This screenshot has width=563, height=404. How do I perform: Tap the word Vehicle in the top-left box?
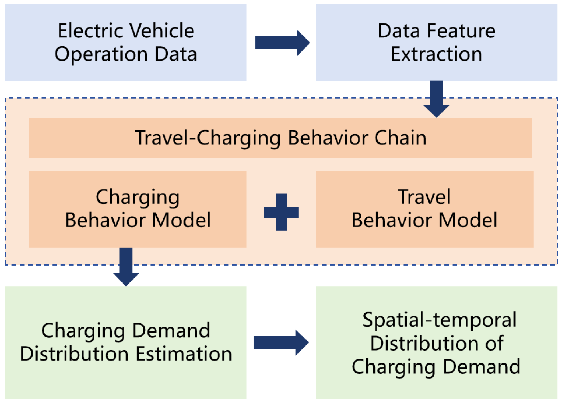coord(162,31)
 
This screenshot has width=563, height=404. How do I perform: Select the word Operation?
coord(101,54)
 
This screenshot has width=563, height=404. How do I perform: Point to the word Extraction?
coord(436,54)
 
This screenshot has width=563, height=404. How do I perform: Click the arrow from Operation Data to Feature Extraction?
coord(282,43)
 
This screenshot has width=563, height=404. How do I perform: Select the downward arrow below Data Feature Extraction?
coord(436,99)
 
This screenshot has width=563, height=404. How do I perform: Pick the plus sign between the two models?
coord(281,212)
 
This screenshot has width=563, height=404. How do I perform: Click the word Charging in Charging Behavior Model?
coord(137,197)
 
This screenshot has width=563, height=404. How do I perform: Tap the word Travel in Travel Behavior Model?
coord(424,197)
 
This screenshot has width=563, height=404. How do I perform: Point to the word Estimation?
coord(183,354)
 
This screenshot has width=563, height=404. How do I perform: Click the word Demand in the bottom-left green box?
coord(171,331)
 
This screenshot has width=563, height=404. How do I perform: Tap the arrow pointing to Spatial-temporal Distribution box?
coord(280,343)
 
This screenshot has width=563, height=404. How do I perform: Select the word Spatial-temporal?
coord(439,320)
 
